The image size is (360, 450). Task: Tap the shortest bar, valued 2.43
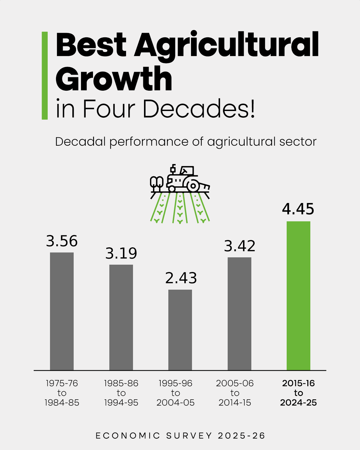[180, 330]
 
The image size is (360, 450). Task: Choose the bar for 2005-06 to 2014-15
[239, 314]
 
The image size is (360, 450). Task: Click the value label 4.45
[298, 209]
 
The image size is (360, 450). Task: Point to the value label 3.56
[62, 241]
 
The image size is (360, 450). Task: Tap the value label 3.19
[121, 253]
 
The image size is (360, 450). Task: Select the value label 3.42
[239, 246]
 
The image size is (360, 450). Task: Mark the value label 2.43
[181, 278]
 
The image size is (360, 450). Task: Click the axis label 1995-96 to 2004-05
[175, 393]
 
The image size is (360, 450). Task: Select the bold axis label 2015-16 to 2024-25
[298, 393]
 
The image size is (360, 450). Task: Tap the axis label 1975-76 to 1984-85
[62, 393]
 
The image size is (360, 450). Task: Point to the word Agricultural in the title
[227, 45]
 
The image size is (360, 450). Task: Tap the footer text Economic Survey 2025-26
[180, 436]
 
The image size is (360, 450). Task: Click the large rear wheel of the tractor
[193, 186]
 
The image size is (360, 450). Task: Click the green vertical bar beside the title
[45, 75]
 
